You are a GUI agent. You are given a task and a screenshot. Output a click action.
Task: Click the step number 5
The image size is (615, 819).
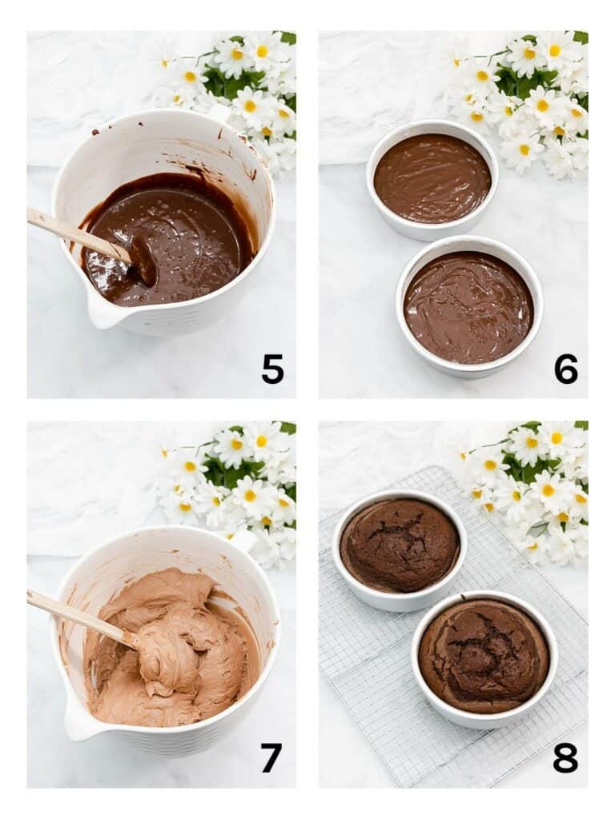(x=272, y=369)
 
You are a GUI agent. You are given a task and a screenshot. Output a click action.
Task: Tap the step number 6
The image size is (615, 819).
(x=565, y=369)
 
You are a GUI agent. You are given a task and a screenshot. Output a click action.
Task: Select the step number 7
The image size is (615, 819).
(x=272, y=757)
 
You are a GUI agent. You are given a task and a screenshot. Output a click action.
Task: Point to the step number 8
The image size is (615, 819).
(x=565, y=757)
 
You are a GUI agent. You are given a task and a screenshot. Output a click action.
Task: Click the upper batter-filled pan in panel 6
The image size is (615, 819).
(x=432, y=178)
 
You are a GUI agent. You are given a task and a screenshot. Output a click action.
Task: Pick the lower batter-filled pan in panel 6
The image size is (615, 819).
(x=468, y=308)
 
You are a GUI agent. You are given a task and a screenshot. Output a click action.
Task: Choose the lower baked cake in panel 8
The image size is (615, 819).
(x=484, y=656)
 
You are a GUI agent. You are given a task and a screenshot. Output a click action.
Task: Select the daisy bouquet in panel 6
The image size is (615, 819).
(x=529, y=96)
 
